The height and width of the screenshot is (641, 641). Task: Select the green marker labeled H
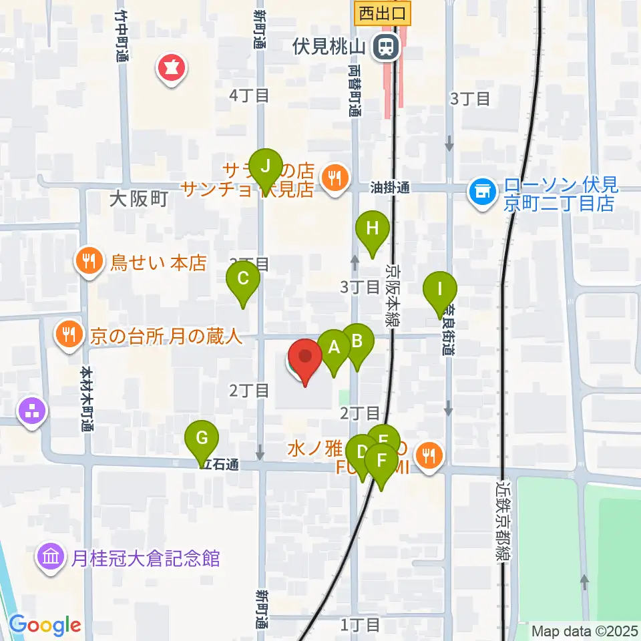pos(373,229)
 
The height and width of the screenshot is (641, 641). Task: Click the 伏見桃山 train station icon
pos(385,46)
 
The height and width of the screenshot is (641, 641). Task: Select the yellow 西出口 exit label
pos(383,12)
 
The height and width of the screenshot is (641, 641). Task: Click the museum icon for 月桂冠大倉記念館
pos(52,558)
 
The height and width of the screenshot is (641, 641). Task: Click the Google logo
pos(45,626)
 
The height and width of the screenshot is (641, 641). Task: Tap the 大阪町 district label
pos(138,199)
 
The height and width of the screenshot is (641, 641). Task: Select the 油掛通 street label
pos(390,189)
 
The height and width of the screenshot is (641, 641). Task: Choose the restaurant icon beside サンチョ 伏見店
pos(332,177)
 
